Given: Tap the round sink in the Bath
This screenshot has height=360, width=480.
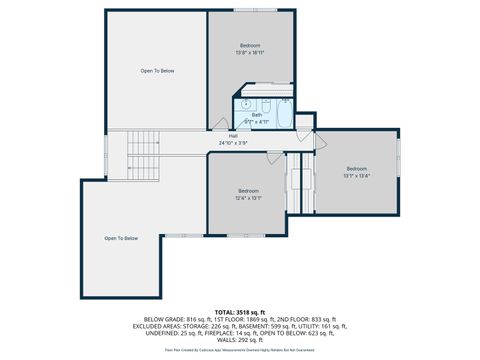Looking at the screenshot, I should [x=243, y=104].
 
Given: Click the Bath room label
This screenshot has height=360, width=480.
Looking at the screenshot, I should [x=257, y=115].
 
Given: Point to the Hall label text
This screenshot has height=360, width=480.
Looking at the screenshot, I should [x=233, y=136].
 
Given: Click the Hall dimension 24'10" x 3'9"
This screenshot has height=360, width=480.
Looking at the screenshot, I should [x=233, y=143].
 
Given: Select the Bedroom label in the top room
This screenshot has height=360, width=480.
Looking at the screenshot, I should [x=250, y=46].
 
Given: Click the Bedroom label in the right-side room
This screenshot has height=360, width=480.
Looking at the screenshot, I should [x=357, y=168].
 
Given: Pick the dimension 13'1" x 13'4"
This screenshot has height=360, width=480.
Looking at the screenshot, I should [x=357, y=176].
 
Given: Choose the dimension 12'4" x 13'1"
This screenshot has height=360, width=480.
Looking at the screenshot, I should [x=249, y=198].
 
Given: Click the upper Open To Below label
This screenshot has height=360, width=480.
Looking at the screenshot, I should [x=157, y=71].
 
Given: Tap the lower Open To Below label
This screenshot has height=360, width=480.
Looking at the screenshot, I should [x=121, y=238].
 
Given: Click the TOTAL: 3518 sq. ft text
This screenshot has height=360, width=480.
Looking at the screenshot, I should [x=239, y=311].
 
